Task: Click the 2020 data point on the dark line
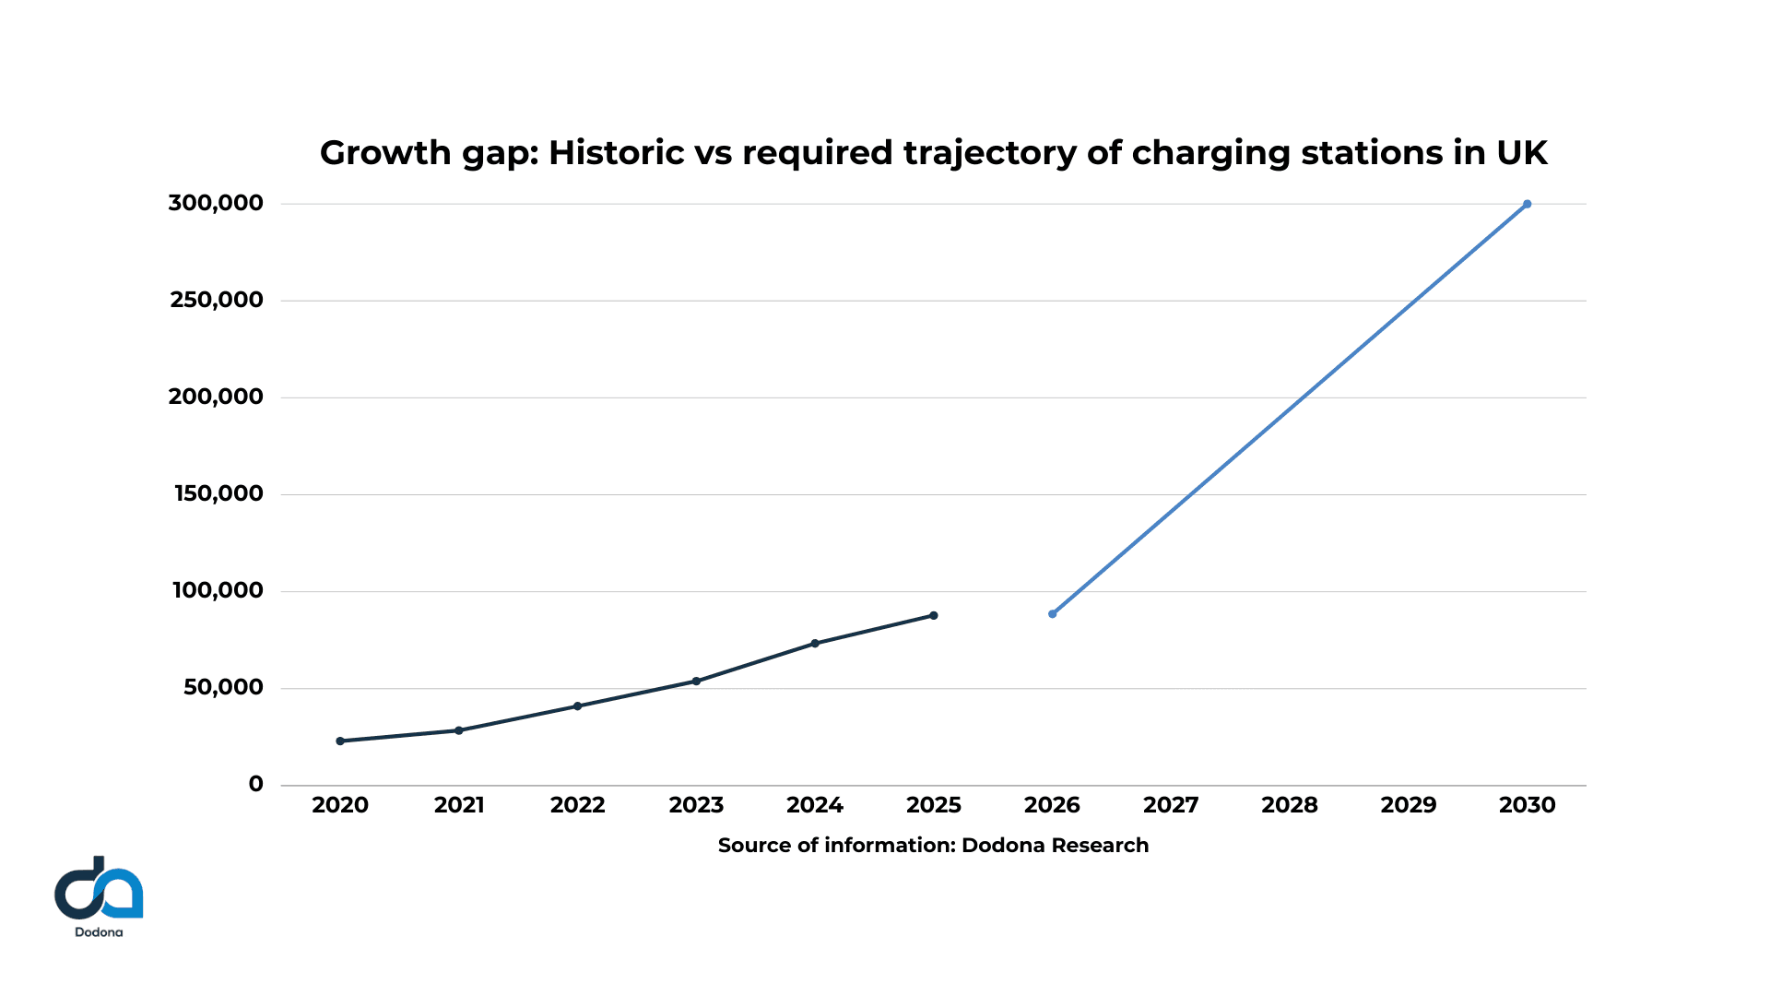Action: point(340,741)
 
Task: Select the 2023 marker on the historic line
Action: point(696,682)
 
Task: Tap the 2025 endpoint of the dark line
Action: point(934,615)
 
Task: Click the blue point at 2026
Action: point(1053,613)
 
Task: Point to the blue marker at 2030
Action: point(1527,204)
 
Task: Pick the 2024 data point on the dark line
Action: point(815,643)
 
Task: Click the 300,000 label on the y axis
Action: point(216,203)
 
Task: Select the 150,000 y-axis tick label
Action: point(218,493)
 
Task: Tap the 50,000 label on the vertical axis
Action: point(223,687)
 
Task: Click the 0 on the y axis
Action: point(255,784)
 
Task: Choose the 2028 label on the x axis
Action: point(1289,805)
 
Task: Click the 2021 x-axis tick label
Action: point(459,805)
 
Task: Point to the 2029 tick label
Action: point(1408,805)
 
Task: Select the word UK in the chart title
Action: point(1521,153)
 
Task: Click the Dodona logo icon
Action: point(99,889)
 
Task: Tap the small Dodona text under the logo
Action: point(99,932)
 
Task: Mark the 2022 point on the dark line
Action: point(577,706)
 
